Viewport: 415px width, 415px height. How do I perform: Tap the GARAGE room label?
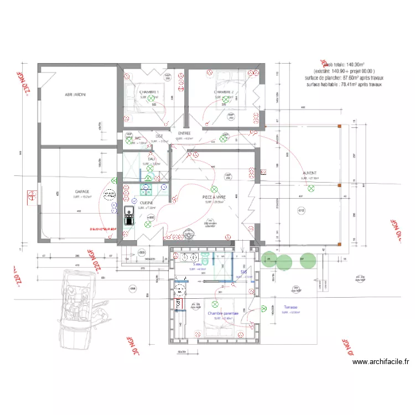pos(82,192)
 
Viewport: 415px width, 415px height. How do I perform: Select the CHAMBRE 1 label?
pos(149,92)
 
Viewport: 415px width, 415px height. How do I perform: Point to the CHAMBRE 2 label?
pos(224,92)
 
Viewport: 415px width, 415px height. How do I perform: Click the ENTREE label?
pos(184,133)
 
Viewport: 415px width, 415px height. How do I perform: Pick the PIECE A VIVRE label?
pos(214,197)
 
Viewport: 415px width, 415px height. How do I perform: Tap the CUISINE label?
pos(147,203)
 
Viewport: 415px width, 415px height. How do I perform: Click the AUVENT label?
pos(310,173)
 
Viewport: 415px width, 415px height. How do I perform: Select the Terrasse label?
pos(290,307)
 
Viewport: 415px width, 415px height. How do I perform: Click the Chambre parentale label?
pos(223,313)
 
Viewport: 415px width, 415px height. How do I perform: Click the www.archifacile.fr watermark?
pos(381,362)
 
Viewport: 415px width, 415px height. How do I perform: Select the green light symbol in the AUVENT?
pos(310,189)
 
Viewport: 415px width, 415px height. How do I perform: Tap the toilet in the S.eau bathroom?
pos(205,258)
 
